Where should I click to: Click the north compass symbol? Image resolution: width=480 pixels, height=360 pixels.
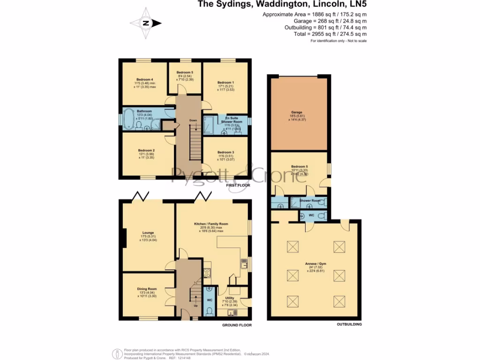click(146, 22)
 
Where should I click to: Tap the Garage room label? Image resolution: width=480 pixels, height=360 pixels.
click(296, 112)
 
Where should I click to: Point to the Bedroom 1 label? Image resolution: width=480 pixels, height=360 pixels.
click(225, 82)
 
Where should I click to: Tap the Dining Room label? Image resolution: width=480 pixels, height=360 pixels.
click(147, 289)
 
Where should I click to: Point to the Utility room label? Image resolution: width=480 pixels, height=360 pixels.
click(230, 298)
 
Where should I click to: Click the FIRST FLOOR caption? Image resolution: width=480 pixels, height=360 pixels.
click(238, 185)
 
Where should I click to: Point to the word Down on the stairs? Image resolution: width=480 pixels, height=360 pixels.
click(193, 120)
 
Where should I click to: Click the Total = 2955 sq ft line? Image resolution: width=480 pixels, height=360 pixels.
click(337, 34)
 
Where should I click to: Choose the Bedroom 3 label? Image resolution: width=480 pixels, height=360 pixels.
click(225, 152)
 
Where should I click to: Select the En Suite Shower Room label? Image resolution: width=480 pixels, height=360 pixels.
click(230, 120)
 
